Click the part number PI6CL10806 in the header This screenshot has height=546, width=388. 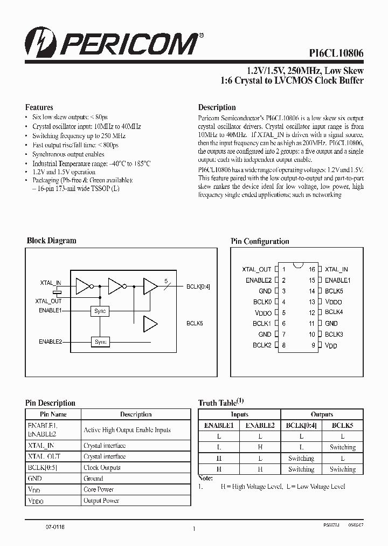tap(336, 53)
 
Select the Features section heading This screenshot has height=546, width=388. tap(39, 107)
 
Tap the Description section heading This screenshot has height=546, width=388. tap(217, 107)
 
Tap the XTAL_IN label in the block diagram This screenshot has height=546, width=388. tap(51, 282)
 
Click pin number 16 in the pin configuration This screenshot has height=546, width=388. tap(311, 269)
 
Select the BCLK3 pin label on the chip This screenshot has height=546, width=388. tap(334, 334)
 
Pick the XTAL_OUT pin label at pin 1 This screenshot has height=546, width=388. tap(257, 269)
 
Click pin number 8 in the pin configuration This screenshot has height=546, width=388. tap(283, 345)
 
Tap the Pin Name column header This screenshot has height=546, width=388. tap(53, 414)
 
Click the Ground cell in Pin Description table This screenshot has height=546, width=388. tap(93, 479)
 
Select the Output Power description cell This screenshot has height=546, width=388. tap(101, 501)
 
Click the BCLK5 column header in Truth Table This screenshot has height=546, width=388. tap(342, 425)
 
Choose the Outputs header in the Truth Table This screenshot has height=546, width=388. tap(322, 414)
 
